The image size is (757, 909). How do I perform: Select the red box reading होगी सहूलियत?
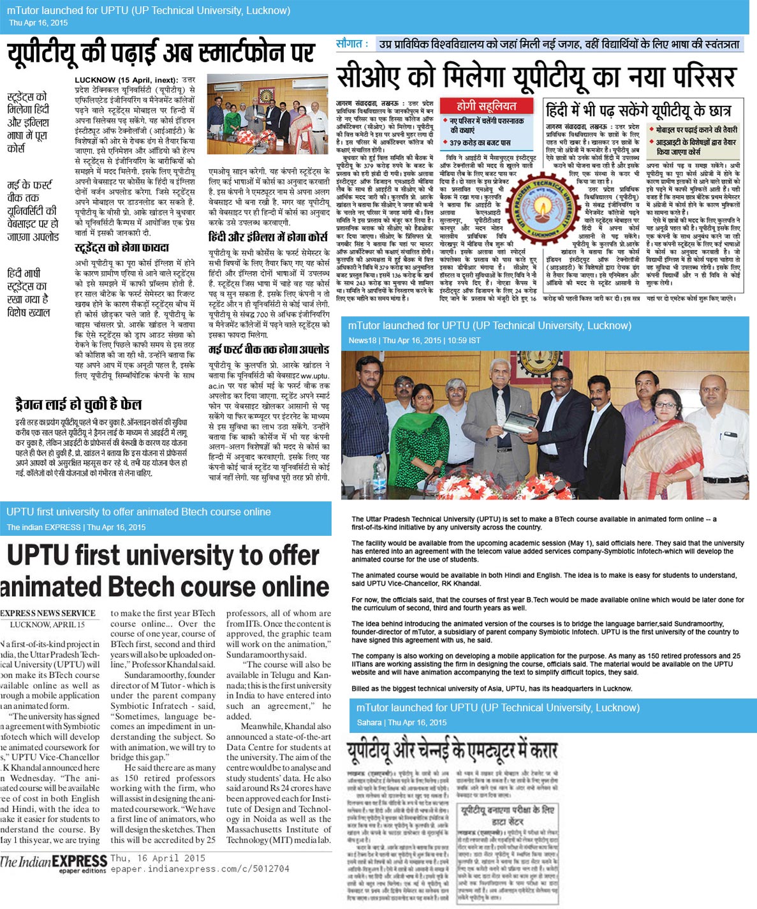[x=486, y=107]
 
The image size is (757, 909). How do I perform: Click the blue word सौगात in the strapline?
[x=351, y=43]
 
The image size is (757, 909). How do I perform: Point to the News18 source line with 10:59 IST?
[x=414, y=340]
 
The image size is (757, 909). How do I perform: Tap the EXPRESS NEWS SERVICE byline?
[x=48, y=613]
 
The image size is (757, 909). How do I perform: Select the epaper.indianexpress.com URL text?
[x=200, y=869]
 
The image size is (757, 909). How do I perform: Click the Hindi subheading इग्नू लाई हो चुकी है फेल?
[x=78, y=404]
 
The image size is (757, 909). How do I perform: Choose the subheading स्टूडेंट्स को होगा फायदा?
[x=122, y=248]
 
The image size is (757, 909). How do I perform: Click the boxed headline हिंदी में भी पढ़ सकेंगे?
[x=637, y=110]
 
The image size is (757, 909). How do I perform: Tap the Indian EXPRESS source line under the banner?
[x=76, y=527]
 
